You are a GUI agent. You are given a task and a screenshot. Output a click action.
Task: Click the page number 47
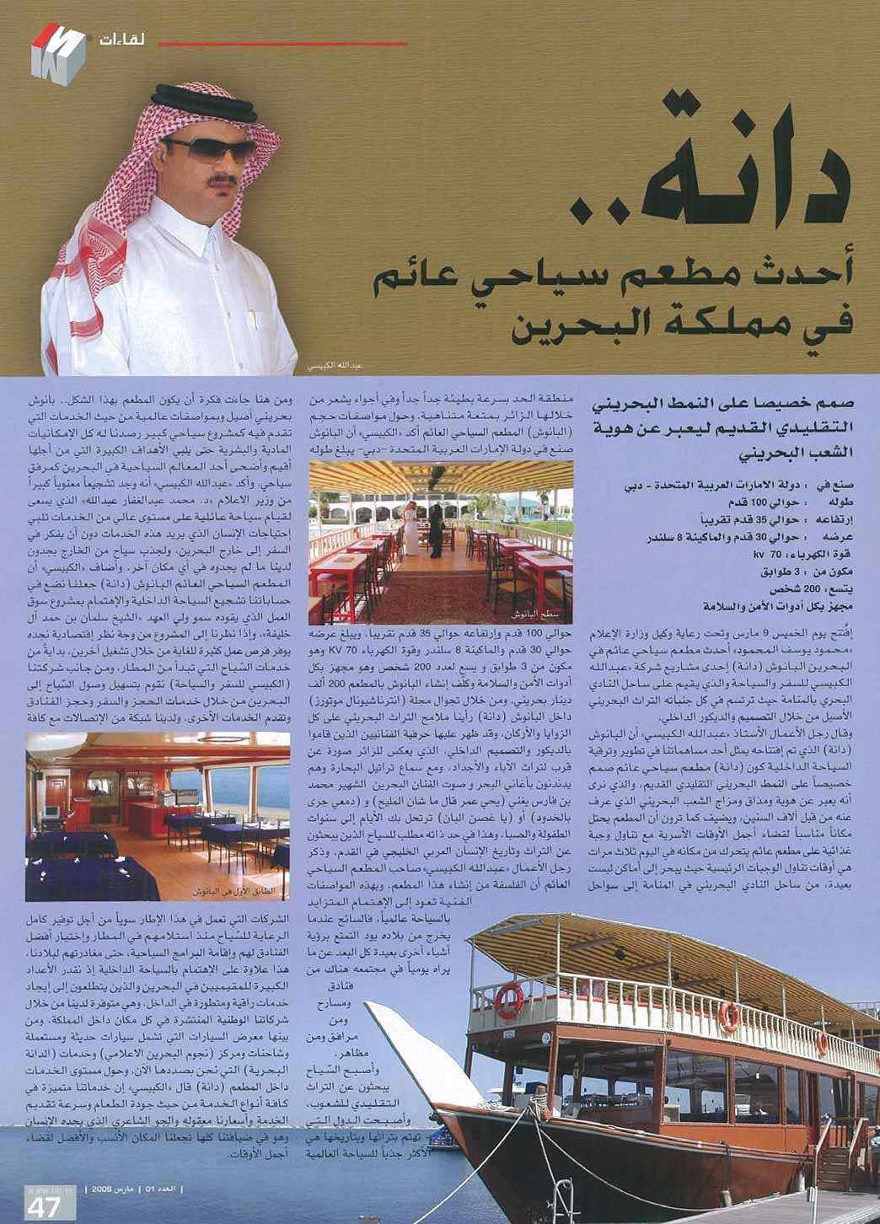(43, 1206)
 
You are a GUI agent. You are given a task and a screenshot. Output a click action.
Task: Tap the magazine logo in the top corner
(56, 51)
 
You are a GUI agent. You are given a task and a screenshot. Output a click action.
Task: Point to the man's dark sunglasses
(210, 148)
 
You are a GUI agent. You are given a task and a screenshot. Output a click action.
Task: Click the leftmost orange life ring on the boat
(508, 1001)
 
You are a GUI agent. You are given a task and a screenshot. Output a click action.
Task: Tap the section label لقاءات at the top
(120, 39)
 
